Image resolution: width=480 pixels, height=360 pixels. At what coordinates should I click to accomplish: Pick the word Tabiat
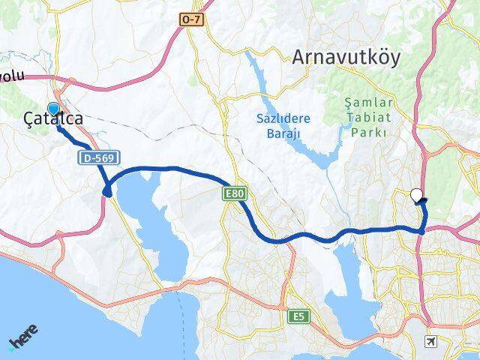pos(368,118)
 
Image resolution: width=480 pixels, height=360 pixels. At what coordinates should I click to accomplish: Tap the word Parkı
pos(368,132)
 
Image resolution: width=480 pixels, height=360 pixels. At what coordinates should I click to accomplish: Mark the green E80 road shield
pos(234,194)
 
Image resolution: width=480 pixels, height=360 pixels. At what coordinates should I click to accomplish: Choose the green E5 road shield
pos(297,316)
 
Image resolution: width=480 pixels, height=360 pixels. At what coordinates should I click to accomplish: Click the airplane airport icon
pos(431,342)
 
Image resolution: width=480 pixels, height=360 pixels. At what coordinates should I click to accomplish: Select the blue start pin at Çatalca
pos(53,110)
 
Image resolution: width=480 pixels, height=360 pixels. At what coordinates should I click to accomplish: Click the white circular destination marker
pos(417,196)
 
